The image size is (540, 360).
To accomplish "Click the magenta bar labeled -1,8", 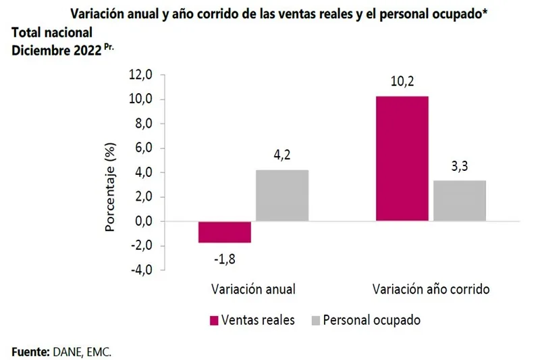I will (x=224, y=232).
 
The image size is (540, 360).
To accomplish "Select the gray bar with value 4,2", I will (x=282, y=195).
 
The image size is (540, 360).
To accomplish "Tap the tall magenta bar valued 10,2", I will (x=402, y=158).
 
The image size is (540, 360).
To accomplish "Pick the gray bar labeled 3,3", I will (x=460, y=201).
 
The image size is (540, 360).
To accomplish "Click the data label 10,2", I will (x=402, y=83).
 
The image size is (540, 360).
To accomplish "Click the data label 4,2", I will (x=282, y=156).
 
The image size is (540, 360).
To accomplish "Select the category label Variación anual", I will (x=253, y=289).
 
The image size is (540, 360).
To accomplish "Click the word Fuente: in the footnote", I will (x=30, y=352).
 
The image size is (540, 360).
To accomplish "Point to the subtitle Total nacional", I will (x=52, y=33).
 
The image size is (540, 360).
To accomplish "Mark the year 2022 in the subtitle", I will (x=85, y=50).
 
